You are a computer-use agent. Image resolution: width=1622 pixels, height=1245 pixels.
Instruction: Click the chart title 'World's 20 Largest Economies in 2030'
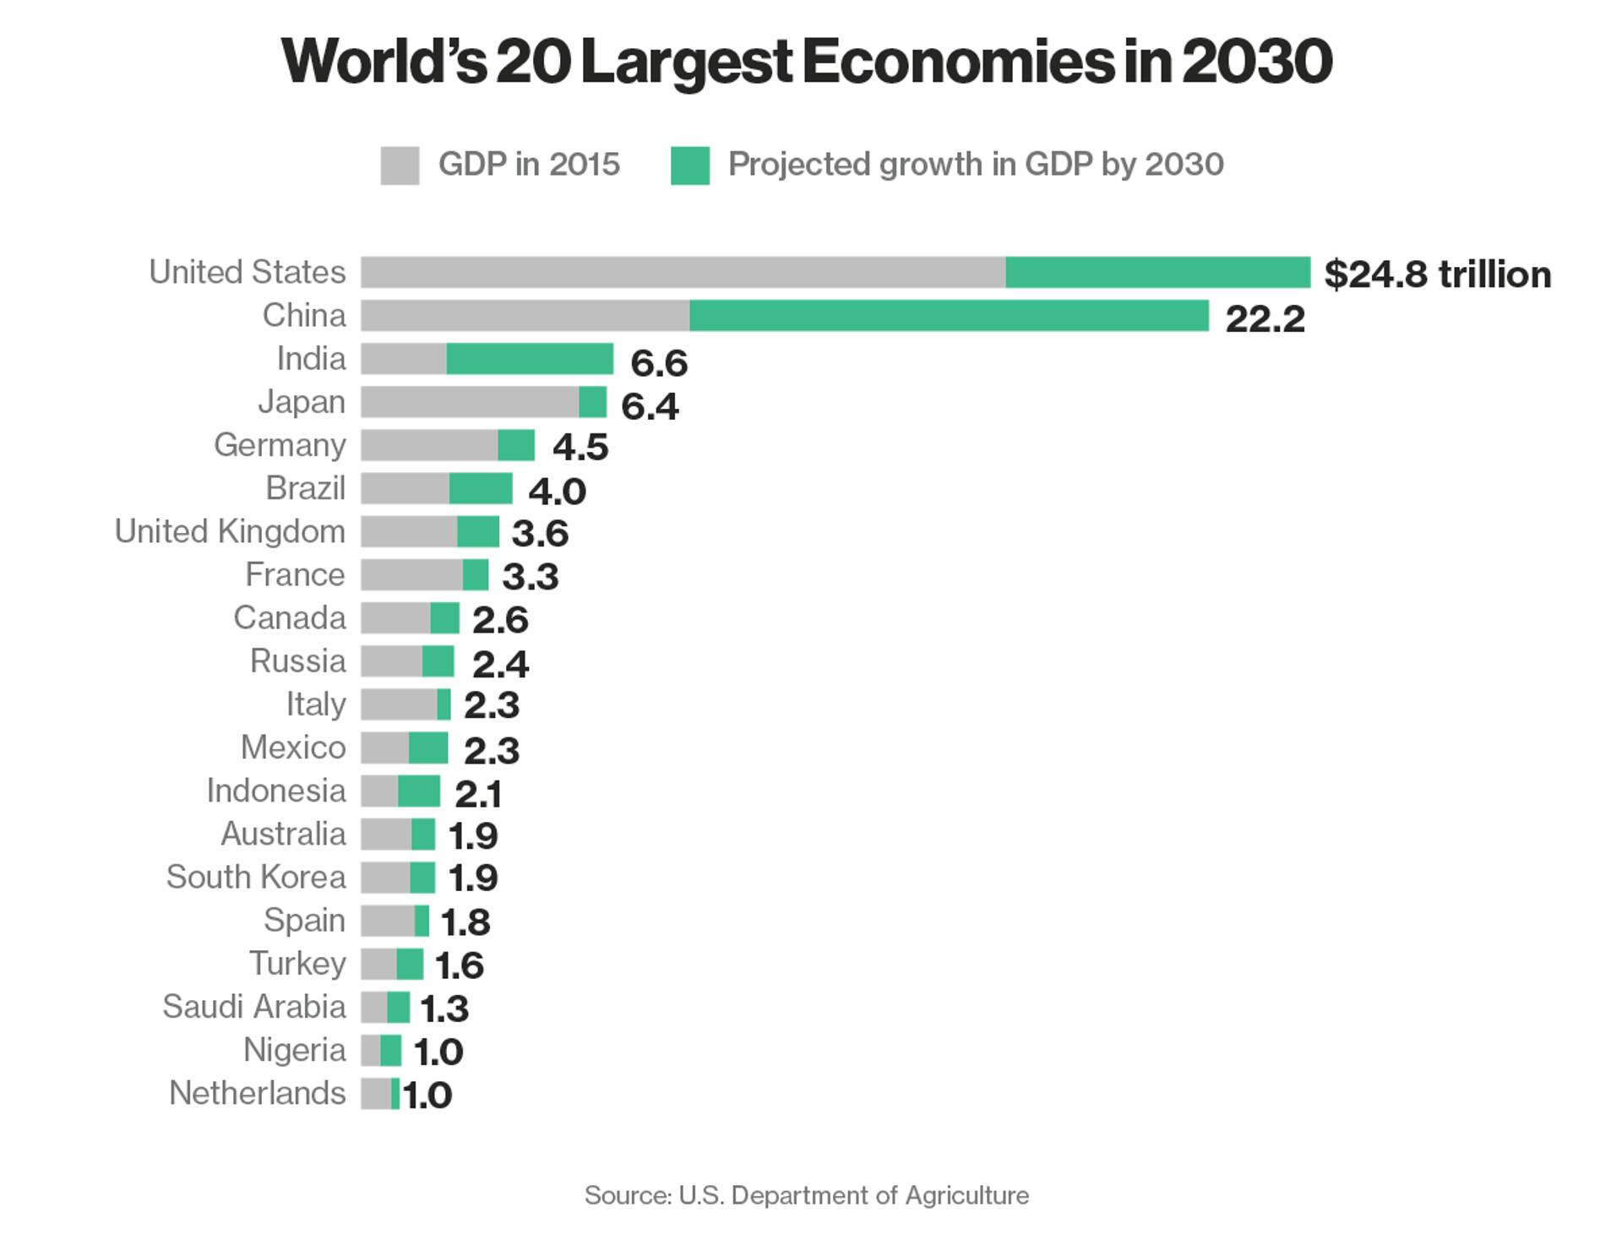pos(807,63)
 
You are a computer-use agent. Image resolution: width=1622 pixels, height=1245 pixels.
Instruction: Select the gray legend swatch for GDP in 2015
pos(400,166)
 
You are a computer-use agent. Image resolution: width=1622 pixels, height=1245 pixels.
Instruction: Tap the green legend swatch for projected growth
pos(690,166)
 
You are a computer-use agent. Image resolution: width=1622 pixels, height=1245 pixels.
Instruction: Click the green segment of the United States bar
pos(1157,273)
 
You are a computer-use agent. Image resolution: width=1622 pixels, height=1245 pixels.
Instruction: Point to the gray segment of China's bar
pos(525,316)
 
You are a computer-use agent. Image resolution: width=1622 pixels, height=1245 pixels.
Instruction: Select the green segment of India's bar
pos(530,359)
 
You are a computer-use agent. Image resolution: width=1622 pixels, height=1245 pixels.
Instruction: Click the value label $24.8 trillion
pos(1437,275)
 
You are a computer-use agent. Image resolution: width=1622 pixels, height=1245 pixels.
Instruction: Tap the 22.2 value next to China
pos(1265,318)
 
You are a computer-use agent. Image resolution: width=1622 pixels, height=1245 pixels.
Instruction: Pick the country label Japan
pos(302,402)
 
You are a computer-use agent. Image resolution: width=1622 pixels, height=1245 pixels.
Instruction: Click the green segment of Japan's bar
pos(593,402)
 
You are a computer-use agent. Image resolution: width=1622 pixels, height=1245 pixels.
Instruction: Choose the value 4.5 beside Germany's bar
pos(580,447)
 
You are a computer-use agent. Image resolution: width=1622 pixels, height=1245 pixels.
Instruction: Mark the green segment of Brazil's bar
pos(481,489)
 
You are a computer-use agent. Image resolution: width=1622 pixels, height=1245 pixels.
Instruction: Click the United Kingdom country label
pos(230,532)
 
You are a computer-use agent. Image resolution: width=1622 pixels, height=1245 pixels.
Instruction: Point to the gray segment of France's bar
pos(411,575)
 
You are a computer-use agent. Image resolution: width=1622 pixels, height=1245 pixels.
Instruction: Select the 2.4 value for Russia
pos(500,664)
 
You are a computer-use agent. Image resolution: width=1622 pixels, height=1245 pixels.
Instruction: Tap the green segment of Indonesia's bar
pos(419,791)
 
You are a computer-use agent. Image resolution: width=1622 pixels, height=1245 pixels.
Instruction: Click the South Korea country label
pos(256,878)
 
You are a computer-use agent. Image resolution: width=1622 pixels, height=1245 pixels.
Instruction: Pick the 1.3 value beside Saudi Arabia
pos(444,1009)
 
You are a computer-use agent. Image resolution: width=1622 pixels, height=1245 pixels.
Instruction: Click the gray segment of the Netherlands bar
pos(376,1094)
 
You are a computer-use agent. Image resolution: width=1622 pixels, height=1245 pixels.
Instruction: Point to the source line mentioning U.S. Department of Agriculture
pos(807,1195)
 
